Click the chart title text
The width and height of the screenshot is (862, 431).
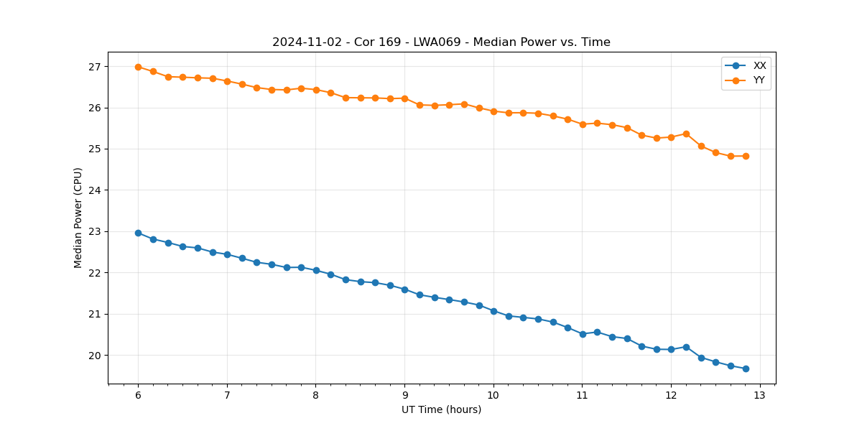[x=441, y=42]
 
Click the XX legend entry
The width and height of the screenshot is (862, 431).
[x=759, y=65]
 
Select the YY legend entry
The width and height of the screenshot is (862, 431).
[x=759, y=80]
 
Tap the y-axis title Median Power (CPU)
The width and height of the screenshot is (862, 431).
[x=78, y=218]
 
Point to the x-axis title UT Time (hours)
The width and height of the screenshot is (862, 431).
[x=441, y=409]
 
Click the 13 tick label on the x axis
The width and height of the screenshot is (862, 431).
[x=760, y=395]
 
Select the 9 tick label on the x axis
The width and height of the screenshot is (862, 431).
[x=404, y=395]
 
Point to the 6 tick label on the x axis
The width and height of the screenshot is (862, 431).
[x=138, y=395]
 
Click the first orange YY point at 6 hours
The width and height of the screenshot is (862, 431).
[x=138, y=67]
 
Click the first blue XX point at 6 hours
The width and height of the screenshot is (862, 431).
[x=138, y=233]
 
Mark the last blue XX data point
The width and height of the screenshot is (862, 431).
[x=746, y=369]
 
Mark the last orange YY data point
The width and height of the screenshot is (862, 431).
[x=746, y=156]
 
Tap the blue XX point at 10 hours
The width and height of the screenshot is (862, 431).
[x=493, y=311]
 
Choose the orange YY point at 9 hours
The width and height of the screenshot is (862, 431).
[x=404, y=98]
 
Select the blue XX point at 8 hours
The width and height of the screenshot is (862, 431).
[x=316, y=270]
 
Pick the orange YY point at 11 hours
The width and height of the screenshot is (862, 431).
[x=583, y=124]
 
